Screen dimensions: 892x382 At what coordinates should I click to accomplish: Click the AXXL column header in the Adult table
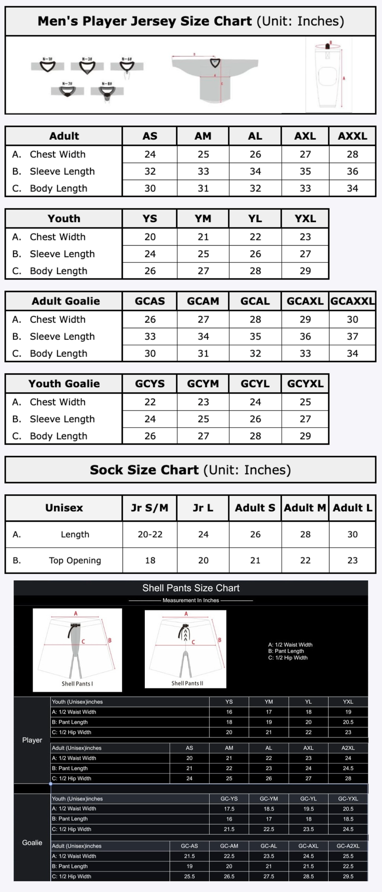click(x=352, y=136)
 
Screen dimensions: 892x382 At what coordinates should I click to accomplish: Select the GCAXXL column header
click(x=352, y=301)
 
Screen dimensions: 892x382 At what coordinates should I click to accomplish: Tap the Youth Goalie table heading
click(x=64, y=384)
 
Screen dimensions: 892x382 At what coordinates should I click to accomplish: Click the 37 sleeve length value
click(x=352, y=336)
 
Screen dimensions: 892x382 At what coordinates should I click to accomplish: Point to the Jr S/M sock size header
click(x=150, y=508)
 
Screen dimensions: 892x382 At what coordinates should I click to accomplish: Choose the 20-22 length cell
click(x=150, y=534)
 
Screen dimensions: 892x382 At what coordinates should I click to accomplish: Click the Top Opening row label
click(x=75, y=560)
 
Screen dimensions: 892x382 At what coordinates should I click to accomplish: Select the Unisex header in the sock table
click(x=64, y=508)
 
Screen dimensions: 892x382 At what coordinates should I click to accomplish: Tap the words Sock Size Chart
click(x=144, y=470)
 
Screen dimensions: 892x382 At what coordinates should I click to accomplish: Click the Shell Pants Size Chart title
click(x=191, y=588)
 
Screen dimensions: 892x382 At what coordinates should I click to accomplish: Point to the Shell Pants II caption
click(x=187, y=683)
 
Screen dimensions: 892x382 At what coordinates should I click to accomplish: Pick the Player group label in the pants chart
click(x=32, y=740)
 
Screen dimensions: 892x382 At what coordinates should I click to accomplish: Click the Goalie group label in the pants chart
click(x=32, y=842)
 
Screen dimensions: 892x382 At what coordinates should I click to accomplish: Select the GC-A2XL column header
click(x=348, y=846)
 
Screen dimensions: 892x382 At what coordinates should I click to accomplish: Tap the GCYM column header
click(x=203, y=384)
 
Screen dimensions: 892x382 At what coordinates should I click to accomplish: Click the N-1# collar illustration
click(x=48, y=66)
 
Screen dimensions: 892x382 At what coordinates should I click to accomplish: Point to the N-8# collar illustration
click(x=107, y=91)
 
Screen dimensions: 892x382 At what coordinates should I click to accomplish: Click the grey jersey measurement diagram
click(x=215, y=76)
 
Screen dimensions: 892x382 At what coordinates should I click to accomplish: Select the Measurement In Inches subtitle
click(x=191, y=600)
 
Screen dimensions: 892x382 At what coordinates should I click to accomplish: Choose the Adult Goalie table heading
click(x=66, y=301)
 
